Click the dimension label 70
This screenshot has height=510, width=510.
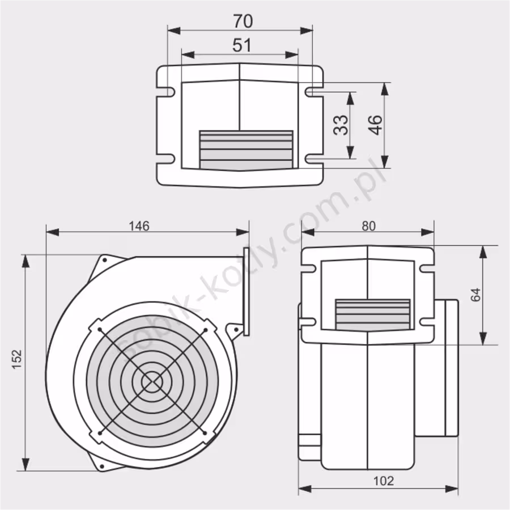[243, 21]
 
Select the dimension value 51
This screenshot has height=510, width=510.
[242, 45]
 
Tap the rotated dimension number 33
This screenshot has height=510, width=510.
[341, 125]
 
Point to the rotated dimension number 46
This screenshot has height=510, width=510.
[375, 125]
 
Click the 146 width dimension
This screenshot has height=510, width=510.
[139, 226]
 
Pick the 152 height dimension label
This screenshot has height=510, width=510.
[17, 359]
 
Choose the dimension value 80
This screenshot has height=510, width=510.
[368, 226]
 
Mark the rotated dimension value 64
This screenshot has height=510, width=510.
[475, 295]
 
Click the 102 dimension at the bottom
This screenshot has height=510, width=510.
[384, 481]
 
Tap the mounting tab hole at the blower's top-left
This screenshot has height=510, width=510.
[105, 260]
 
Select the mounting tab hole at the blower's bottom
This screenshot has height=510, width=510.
[102, 466]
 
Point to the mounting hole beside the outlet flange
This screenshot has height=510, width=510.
[236, 329]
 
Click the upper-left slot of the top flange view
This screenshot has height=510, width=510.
[166, 92]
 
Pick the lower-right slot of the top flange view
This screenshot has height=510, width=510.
[314, 159]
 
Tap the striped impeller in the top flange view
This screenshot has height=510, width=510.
[246, 150]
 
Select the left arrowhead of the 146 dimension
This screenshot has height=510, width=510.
[53, 232]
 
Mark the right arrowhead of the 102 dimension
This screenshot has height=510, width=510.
[452, 488]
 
